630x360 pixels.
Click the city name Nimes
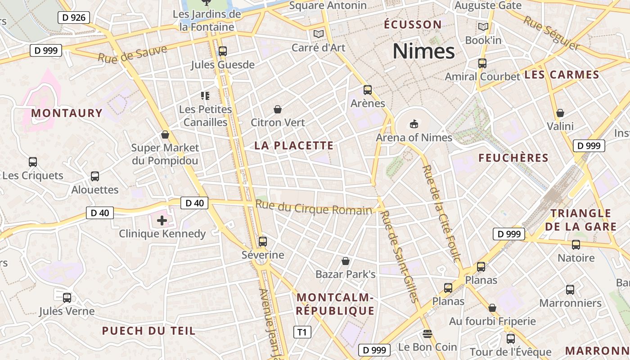pyautogui.click(x=424, y=51)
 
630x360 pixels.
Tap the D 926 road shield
pyautogui.click(x=74, y=18)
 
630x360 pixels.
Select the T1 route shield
pyautogui.click(x=302, y=333)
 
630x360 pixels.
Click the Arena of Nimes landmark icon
pyautogui.click(x=414, y=124)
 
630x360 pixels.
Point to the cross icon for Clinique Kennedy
pyautogui.click(x=162, y=220)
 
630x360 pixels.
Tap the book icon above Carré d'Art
pyautogui.click(x=319, y=34)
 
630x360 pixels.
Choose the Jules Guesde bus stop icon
pyautogui.click(x=222, y=51)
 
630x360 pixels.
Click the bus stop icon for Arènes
pyautogui.click(x=368, y=90)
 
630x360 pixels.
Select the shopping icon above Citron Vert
pyautogui.click(x=278, y=109)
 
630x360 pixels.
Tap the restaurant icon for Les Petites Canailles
pyautogui.click(x=205, y=95)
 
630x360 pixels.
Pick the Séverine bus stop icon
pyautogui.click(x=263, y=242)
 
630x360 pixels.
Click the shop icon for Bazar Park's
pyautogui.click(x=346, y=261)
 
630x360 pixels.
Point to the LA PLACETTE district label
pyautogui.click(x=294, y=145)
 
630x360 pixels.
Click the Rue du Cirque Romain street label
pyautogui.click(x=314, y=208)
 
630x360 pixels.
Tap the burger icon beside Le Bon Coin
pyautogui.click(x=427, y=334)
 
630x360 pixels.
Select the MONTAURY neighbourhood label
pyautogui.click(x=67, y=113)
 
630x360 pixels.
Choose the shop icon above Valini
pyautogui.click(x=560, y=113)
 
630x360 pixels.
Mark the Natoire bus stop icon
pyautogui.click(x=576, y=245)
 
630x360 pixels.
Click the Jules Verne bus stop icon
pyautogui.click(x=67, y=297)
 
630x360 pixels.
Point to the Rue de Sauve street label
pyautogui.click(x=132, y=54)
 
